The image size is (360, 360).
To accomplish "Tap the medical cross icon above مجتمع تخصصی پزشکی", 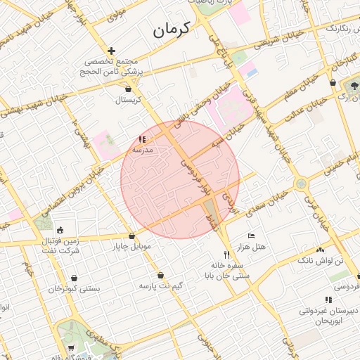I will coord(111,51).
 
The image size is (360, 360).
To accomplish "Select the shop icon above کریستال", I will coord(128,89).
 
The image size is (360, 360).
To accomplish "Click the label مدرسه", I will coord(143,150).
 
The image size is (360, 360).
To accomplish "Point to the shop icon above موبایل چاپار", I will coord(131,236).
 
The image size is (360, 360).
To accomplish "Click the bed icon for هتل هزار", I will coord(252,236).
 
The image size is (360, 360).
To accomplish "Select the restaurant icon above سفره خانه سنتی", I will coord(226,255).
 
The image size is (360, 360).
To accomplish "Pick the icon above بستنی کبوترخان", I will coord(73,276).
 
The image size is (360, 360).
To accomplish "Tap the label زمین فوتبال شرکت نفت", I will coord(60,245).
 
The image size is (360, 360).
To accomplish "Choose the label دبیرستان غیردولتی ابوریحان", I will coord(329,314).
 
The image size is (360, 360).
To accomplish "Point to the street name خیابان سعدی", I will coord(271,194).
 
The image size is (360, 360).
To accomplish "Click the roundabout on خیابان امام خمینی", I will coord(301,184).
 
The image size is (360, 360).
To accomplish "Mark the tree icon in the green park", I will coord(353,86).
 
